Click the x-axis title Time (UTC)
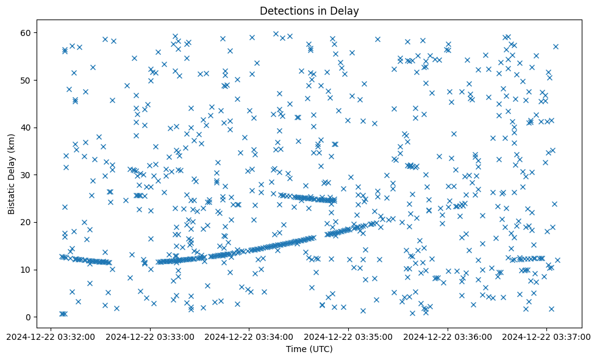[309, 349]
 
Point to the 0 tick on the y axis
[28, 317]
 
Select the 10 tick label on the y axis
[26, 270]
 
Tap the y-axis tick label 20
[26, 223]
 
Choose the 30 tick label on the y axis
[26, 175]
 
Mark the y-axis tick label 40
[26, 128]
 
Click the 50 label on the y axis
[26, 81]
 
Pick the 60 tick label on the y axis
[26, 33]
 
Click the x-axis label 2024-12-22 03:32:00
[51, 336]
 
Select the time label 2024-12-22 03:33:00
[151, 336]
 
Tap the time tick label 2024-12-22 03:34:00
[249, 336]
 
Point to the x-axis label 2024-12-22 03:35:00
[349, 336]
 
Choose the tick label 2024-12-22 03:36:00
[448, 336]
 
